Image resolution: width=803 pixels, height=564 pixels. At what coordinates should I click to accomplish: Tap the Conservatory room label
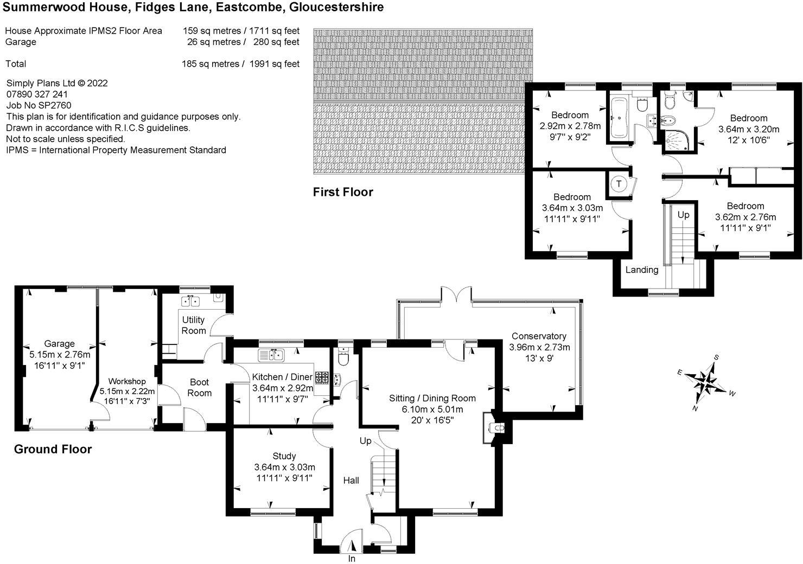pyautogui.click(x=539, y=336)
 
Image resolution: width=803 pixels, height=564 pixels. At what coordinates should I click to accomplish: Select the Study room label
pyautogui.click(x=284, y=456)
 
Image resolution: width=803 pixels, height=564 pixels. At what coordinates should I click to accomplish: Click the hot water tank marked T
pyautogui.click(x=619, y=184)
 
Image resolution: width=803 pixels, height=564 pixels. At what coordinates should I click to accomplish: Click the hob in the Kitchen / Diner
pyautogui.click(x=322, y=377)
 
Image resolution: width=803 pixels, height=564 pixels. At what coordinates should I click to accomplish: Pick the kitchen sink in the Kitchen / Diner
pyautogui.click(x=271, y=355)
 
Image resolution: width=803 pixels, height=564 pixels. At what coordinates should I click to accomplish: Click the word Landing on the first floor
pyautogui.click(x=642, y=270)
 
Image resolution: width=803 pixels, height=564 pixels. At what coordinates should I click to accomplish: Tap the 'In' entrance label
pyautogui.click(x=352, y=559)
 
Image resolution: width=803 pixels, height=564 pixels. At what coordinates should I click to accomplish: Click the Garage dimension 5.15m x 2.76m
pyautogui.click(x=60, y=355)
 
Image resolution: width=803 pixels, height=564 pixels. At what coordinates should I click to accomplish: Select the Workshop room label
pyautogui.click(x=127, y=381)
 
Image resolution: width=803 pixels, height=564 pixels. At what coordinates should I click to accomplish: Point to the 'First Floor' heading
pyautogui.click(x=343, y=192)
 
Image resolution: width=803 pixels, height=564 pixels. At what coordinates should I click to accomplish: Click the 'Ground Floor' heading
pyautogui.click(x=53, y=450)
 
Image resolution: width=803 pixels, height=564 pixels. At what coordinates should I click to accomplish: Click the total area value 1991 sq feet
pyautogui.click(x=274, y=64)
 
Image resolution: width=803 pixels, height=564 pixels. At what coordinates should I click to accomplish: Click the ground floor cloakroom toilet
pyautogui.click(x=343, y=356)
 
